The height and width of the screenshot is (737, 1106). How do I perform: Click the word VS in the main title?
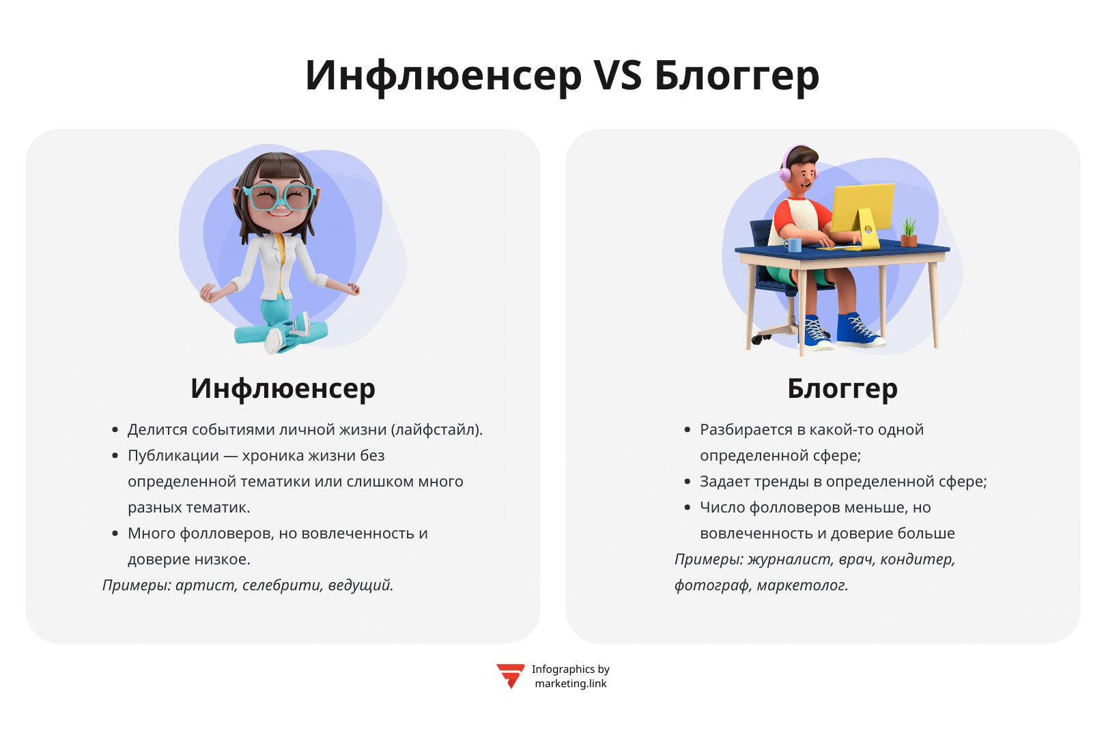(x=617, y=75)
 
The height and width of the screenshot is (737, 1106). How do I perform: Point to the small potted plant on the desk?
(x=909, y=231)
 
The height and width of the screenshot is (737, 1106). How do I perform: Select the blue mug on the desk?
(x=793, y=244)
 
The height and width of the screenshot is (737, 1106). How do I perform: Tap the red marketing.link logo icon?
(x=510, y=676)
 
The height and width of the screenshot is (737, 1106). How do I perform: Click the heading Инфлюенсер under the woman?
(x=283, y=388)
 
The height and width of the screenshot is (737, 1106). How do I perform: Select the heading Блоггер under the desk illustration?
(x=842, y=388)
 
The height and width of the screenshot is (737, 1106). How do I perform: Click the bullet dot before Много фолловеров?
(x=115, y=533)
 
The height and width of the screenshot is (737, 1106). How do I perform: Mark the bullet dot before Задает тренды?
(x=687, y=481)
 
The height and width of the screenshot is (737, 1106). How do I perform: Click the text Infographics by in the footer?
(x=571, y=669)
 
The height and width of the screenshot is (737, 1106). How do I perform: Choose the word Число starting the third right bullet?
(x=722, y=508)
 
